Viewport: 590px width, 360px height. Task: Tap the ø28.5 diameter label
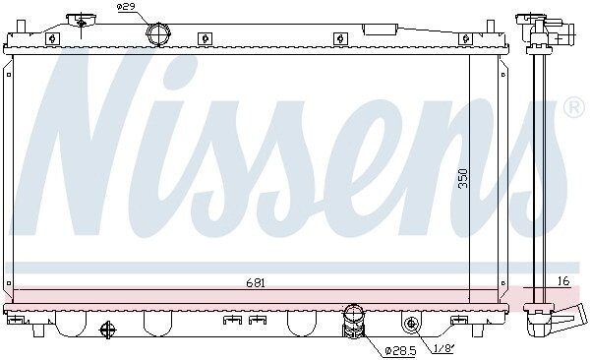point(400,351)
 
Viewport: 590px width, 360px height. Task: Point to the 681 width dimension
point(256,283)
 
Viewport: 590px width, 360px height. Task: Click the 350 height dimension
point(463,178)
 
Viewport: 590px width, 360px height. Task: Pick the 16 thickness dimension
point(563,281)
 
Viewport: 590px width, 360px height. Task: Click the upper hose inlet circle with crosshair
point(158,34)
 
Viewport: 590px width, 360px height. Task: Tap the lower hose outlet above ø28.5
point(353,321)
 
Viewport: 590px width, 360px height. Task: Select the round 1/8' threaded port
point(411,323)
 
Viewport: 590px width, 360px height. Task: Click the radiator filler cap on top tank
point(82,20)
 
